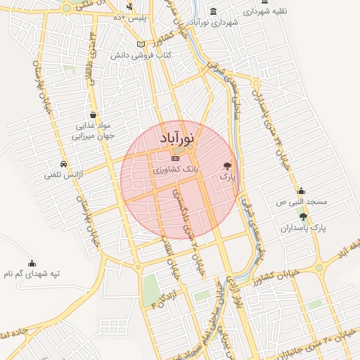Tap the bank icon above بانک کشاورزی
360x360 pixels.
tap(175, 160)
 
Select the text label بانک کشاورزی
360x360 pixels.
tap(176, 170)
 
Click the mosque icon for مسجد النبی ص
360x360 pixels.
tap(302, 191)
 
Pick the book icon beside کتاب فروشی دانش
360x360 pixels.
tap(141, 44)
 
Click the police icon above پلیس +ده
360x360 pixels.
tap(130, 6)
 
